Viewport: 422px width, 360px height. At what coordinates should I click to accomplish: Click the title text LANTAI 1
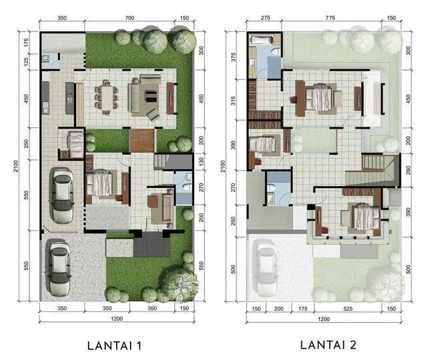(115, 346)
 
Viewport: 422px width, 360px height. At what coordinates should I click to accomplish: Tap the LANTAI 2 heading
(329, 345)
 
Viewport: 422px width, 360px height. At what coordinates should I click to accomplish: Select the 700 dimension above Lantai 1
(130, 18)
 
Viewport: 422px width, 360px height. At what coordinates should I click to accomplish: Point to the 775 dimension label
(330, 18)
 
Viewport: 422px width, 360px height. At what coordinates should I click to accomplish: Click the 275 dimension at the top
(265, 18)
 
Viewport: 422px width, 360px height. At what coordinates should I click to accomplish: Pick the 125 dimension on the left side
(26, 62)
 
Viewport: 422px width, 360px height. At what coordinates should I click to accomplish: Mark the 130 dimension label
(201, 162)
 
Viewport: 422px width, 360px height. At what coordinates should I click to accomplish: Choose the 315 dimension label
(233, 101)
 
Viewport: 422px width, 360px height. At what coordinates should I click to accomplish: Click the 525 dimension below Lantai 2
(348, 309)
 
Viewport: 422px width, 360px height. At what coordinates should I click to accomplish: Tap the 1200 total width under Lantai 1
(117, 319)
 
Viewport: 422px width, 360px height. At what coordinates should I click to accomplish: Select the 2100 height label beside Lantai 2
(223, 166)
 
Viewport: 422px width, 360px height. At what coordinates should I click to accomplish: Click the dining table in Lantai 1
(107, 97)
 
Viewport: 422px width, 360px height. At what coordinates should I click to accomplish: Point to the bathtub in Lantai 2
(261, 40)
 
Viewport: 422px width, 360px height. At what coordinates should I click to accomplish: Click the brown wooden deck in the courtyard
(143, 141)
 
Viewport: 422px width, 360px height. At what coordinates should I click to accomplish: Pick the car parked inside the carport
(63, 195)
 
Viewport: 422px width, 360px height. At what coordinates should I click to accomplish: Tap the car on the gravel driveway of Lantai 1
(59, 268)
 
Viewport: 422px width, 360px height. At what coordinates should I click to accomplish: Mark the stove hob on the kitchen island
(71, 98)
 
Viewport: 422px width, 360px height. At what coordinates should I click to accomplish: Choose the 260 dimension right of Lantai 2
(408, 170)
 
